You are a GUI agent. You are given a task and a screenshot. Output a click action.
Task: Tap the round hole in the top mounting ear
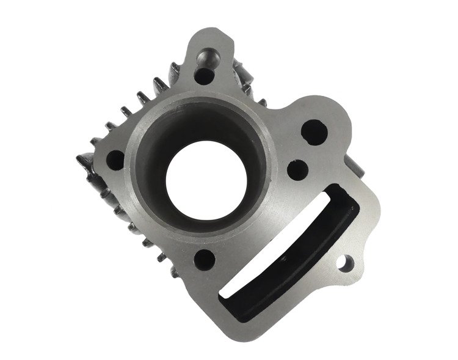203,77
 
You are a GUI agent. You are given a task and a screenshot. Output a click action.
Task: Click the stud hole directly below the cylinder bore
205,258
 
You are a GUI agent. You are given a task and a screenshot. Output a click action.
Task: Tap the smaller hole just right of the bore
297,167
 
